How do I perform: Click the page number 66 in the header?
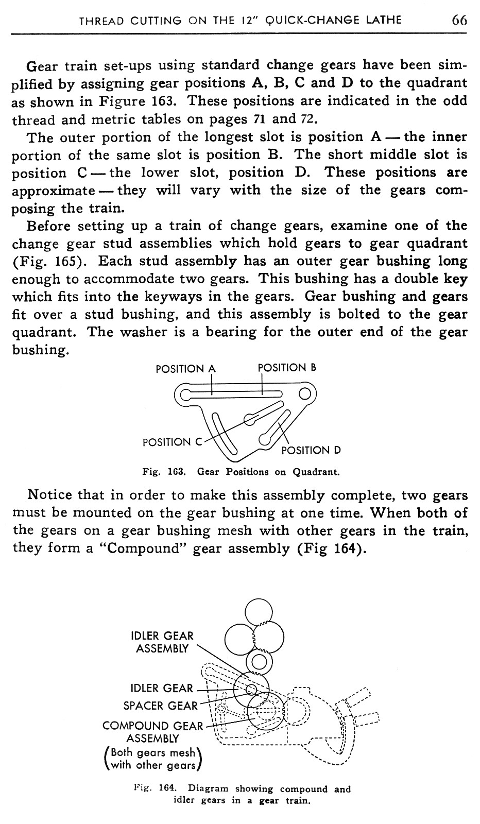point(459,20)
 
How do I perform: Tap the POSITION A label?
point(185,369)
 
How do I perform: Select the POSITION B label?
point(286,368)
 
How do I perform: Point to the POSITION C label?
point(173,442)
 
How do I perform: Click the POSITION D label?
point(311,451)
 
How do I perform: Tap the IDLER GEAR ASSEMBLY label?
point(163,642)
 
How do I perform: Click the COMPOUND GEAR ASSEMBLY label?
point(153,732)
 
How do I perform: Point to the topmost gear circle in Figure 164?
point(259,612)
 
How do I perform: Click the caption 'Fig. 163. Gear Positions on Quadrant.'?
point(240,472)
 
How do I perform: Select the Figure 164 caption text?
point(242,795)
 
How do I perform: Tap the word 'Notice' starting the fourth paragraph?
point(49,495)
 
